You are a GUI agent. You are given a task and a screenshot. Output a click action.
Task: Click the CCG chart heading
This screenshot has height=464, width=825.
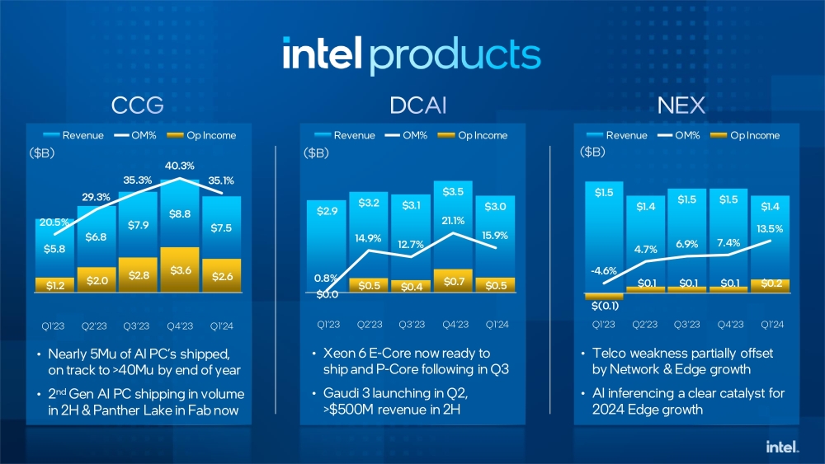click(137, 105)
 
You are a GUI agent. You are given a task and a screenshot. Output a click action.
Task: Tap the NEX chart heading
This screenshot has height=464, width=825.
click(683, 105)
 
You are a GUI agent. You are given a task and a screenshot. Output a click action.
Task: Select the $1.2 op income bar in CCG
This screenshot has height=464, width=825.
click(54, 285)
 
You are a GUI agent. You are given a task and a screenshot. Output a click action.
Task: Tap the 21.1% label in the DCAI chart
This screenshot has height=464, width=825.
click(453, 220)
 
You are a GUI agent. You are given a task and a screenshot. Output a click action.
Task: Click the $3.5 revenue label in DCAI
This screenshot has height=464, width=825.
click(453, 192)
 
